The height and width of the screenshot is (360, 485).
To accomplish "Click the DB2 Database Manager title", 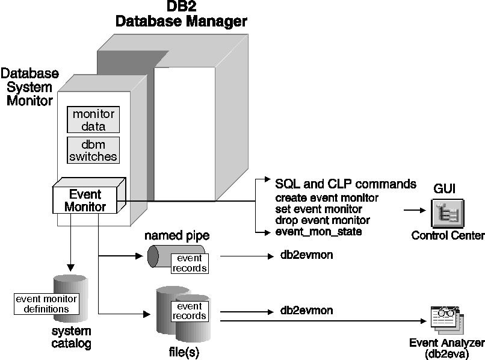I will coord(181,14).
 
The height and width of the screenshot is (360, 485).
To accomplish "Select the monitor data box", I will coord(93,120).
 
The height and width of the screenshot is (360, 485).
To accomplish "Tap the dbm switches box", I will coord(93,150).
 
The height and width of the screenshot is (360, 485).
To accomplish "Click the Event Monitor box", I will coord(85,200).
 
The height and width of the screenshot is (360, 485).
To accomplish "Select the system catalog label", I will coord(71,338).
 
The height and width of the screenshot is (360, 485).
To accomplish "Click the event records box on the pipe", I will coord(189,261).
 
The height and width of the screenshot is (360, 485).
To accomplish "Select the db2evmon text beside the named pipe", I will coord(307,255).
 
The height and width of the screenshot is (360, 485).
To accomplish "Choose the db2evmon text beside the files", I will coord(307,311).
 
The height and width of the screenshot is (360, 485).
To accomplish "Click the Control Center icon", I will coord(446,214).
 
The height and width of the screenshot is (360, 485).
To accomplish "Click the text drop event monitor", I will coord(322,220).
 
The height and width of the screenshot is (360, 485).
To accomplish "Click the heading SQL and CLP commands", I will coord(345,184).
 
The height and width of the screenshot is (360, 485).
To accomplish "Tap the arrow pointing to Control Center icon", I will coord(416,211).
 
